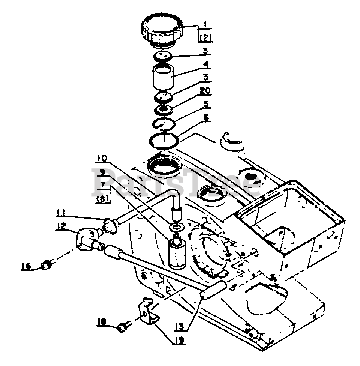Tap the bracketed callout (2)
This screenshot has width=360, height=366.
pyautogui.click(x=204, y=38)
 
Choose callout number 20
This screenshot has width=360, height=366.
pyautogui.click(x=205, y=91)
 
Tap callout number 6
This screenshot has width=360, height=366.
pyautogui.click(x=205, y=118)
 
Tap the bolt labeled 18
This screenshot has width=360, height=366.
pyautogui.click(x=122, y=327)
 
